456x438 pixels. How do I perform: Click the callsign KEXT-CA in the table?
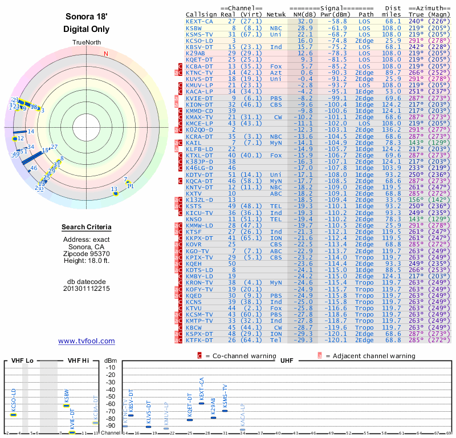[199, 21]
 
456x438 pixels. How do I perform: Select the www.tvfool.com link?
[87, 341]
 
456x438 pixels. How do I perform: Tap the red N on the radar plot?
[105, 54]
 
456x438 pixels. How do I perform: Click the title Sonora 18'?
[87, 17]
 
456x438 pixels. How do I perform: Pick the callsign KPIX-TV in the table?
[199, 257]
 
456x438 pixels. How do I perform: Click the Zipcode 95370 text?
[87, 253]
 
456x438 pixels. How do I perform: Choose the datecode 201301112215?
[87, 289]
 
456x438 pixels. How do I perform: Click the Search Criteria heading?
[87, 228]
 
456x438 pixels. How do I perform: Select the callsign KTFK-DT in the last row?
[199, 340]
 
